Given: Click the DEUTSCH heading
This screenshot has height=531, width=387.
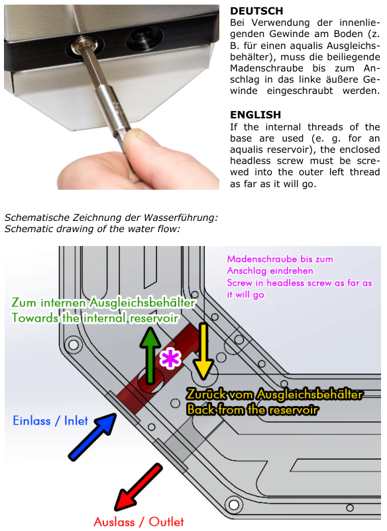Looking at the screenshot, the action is [x=256, y=11].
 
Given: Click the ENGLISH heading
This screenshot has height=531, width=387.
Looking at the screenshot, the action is [x=255, y=115].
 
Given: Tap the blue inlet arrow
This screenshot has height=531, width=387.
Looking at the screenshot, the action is [x=93, y=436].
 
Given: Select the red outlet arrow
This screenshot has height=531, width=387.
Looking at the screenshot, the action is [x=138, y=487].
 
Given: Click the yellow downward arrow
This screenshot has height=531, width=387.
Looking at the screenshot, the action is [x=203, y=351].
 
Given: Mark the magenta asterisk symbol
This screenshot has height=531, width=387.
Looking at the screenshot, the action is [x=170, y=358].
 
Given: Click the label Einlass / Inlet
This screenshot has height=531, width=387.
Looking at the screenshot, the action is [x=50, y=421].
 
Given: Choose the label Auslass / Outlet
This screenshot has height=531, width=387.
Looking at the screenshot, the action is [x=139, y=522].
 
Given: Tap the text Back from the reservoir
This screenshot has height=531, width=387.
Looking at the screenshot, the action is [x=252, y=409].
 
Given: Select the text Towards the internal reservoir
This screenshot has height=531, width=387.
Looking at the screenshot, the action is [x=95, y=318].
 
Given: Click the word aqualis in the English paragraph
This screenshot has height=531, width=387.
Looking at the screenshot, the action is [x=247, y=149].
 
